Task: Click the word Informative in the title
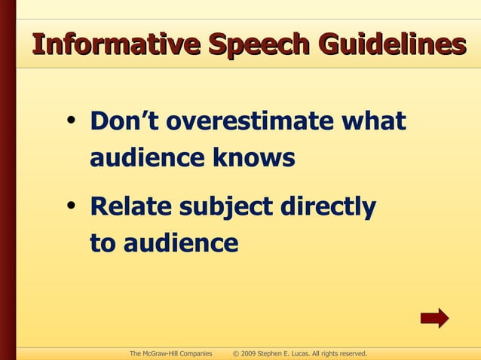pyautogui.click(x=115, y=44)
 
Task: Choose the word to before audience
pyautogui.click(x=103, y=244)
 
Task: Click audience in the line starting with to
pyautogui.click(x=181, y=244)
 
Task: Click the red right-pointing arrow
pyautogui.click(x=434, y=318)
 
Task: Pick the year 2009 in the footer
pyautogui.click(x=250, y=353)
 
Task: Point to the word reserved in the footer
pyautogui.click(x=351, y=353)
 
